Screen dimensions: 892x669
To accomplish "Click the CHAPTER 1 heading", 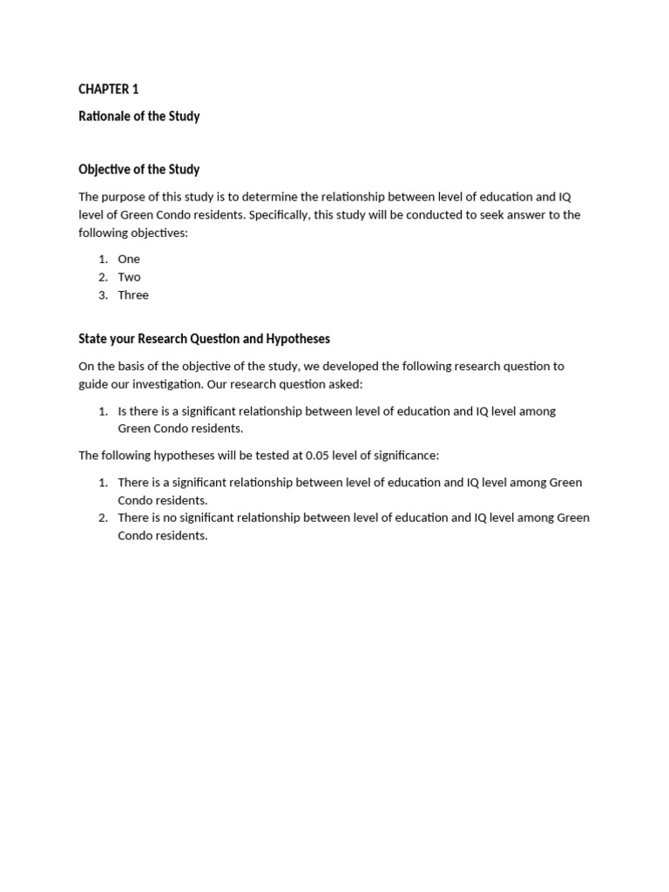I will point(108,90).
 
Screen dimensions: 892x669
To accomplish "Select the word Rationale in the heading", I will point(104,117).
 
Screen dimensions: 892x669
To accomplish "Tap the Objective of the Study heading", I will point(139,170).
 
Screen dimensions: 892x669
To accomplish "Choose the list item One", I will point(129,260).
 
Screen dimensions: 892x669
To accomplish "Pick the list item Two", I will point(129,277).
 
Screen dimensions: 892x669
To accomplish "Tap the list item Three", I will point(133,295).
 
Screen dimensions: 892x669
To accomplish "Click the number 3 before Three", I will point(102,295).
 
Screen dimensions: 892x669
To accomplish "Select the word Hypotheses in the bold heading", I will point(300,339).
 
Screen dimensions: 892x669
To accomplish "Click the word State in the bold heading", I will point(93,339).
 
